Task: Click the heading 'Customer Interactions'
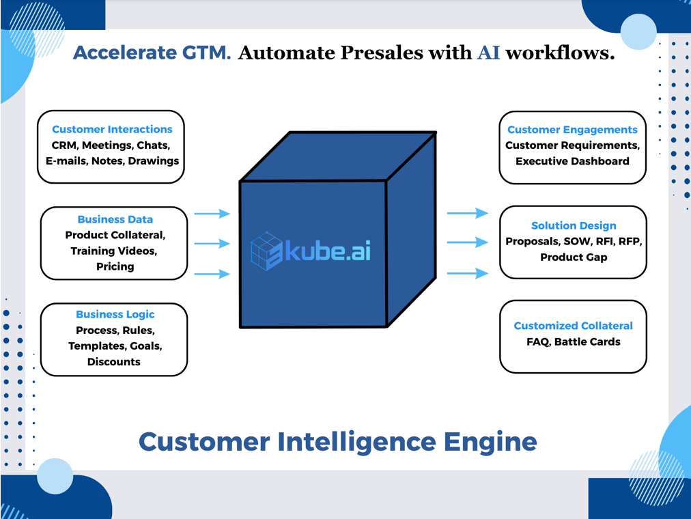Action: click(x=112, y=129)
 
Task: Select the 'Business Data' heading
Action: click(x=115, y=219)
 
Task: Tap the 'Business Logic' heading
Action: click(x=115, y=314)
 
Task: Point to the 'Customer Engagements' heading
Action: click(x=572, y=130)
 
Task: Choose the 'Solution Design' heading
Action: click(x=574, y=225)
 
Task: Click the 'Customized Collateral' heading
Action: click(x=573, y=326)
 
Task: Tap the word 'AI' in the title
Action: click(x=488, y=53)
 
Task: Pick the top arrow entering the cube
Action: click(x=212, y=214)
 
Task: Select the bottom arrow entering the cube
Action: click(x=212, y=274)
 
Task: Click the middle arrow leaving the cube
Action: click(x=468, y=242)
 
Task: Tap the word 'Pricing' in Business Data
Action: click(x=115, y=266)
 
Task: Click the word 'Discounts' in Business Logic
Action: click(x=114, y=362)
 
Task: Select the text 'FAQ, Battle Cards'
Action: click(x=573, y=341)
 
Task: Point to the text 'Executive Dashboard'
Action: click(x=572, y=161)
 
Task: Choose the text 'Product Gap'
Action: click(x=574, y=257)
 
